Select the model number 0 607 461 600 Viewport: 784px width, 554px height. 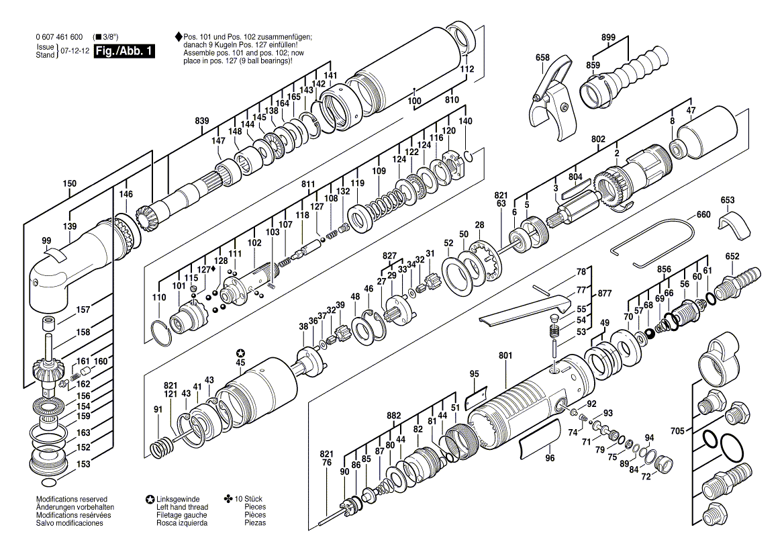click(58, 36)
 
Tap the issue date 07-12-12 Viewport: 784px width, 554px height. click(75, 51)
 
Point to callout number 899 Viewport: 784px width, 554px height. click(609, 39)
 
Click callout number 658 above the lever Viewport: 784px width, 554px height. click(542, 58)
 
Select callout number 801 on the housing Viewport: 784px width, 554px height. click(505, 356)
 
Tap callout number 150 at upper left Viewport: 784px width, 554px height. click(69, 183)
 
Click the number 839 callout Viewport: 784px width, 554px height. click(202, 121)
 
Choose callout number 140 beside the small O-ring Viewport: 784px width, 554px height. click(465, 121)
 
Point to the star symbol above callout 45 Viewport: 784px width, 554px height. click(240, 353)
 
